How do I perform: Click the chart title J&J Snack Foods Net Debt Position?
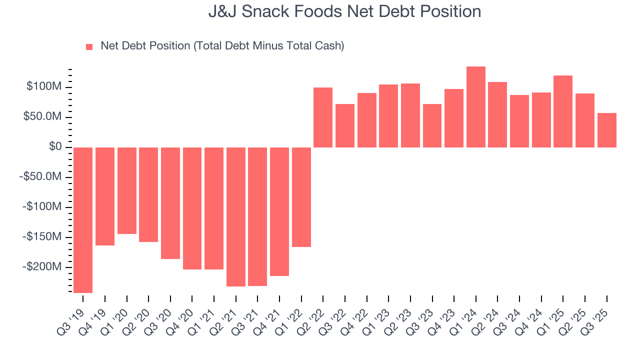(x=344, y=11)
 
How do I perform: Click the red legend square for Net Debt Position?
(x=89, y=46)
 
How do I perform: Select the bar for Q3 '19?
(x=83, y=220)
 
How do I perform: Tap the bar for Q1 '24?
(x=475, y=107)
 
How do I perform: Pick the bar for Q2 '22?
(x=323, y=117)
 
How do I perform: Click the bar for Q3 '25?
(x=606, y=130)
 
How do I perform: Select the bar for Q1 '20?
(x=126, y=190)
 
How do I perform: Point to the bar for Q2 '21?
(x=236, y=216)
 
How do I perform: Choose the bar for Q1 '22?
(x=301, y=197)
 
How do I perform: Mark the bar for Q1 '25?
(x=563, y=111)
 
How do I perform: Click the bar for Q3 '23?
(x=432, y=125)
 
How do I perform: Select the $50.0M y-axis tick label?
(x=43, y=117)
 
